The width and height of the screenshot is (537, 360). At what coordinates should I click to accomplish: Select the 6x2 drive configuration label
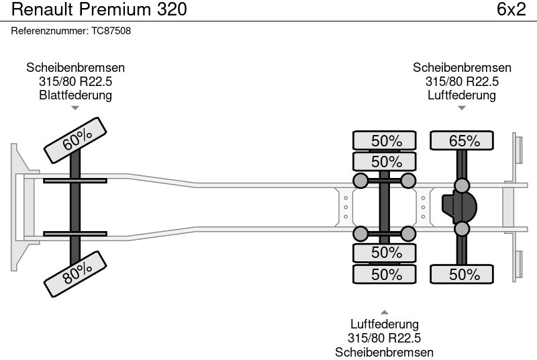[x=511, y=9]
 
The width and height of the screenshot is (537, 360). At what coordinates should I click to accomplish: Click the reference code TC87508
[x=111, y=31]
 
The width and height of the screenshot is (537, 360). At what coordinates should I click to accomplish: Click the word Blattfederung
[x=75, y=95]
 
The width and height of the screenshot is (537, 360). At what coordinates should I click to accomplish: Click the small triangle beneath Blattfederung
[x=75, y=107]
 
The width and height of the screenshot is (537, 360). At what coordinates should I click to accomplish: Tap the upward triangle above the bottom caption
[x=384, y=312]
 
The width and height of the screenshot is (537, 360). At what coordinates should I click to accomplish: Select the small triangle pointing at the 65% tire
[x=462, y=107]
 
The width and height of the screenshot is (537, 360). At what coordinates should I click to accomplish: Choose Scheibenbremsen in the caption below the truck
[x=384, y=352]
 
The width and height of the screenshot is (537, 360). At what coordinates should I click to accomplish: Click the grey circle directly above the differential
[x=462, y=185]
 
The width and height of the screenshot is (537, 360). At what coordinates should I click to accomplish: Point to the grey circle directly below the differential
[x=462, y=229]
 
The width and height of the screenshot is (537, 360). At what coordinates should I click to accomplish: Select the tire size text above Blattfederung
[x=75, y=81]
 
